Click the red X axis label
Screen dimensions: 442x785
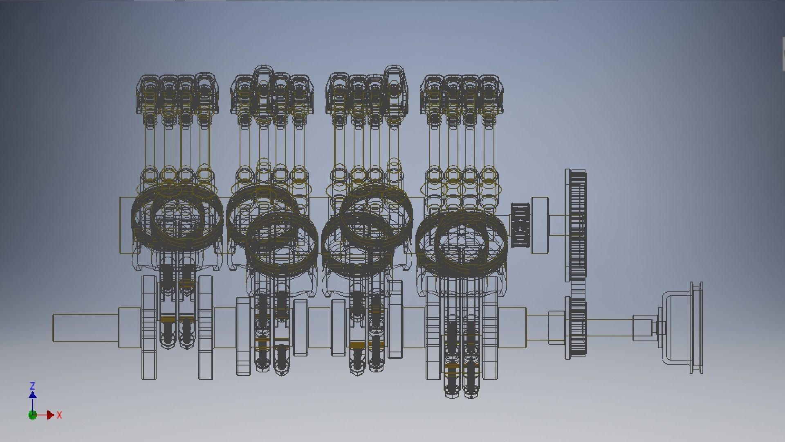[x=60, y=415]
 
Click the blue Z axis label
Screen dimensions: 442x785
[x=33, y=386]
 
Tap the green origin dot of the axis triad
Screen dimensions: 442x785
[x=33, y=415]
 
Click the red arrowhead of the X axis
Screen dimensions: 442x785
[x=50, y=415]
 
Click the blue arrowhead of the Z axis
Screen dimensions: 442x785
[x=33, y=395]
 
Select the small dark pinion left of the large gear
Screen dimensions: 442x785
[x=520, y=225]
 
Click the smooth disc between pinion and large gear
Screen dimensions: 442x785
[x=540, y=225]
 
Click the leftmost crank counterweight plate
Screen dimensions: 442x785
[x=149, y=327]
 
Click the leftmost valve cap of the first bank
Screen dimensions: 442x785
[x=148, y=94]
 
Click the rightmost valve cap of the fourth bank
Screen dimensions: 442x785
[x=489, y=94]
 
